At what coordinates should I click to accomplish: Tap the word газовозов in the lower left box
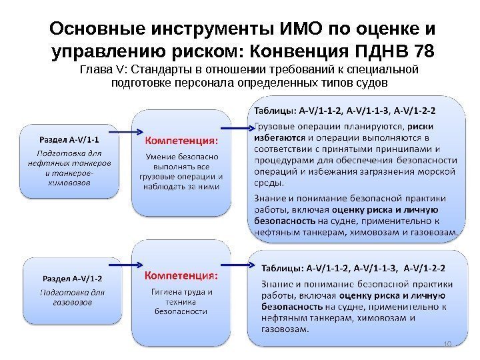(x=71, y=301)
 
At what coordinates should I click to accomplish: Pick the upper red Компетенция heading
(x=181, y=140)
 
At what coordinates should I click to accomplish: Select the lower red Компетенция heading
(x=181, y=274)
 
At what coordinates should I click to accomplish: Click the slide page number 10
(x=447, y=344)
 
